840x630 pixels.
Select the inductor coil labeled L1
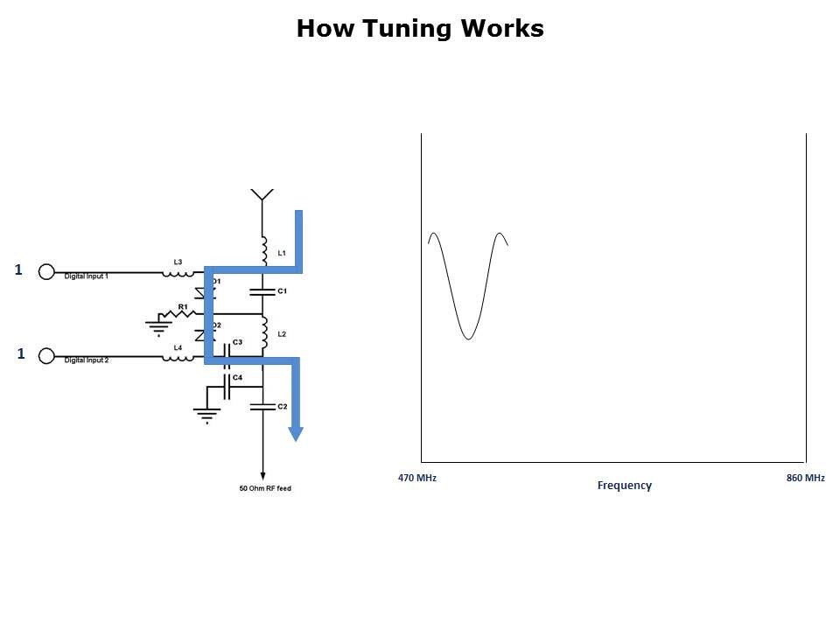point(262,249)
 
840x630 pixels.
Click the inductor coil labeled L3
point(178,272)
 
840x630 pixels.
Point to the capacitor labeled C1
point(262,290)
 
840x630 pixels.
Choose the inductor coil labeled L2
point(262,333)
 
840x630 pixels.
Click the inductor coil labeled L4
point(178,357)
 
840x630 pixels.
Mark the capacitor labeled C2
point(262,406)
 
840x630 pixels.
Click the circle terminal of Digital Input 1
point(47,272)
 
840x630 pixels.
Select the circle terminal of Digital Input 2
point(47,357)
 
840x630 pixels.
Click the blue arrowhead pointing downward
point(296,432)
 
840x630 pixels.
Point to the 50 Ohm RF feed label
point(265,488)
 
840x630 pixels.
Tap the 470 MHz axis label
point(417,479)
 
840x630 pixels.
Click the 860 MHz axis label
point(805,479)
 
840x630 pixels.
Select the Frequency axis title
point(624,486)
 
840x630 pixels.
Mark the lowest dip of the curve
point(469,339)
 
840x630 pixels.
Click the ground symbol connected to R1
point(157,327)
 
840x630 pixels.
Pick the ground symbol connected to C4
point(206,414)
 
